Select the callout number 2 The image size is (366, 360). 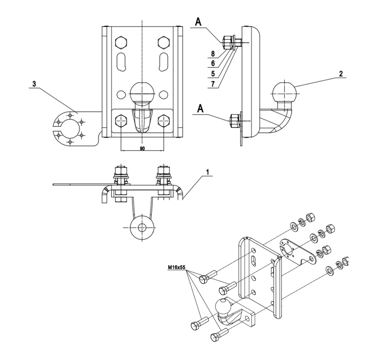click(x=340, y=74)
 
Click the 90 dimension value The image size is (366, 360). click(x=142, y=149)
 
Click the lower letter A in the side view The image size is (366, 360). click(x=200, y=108)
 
